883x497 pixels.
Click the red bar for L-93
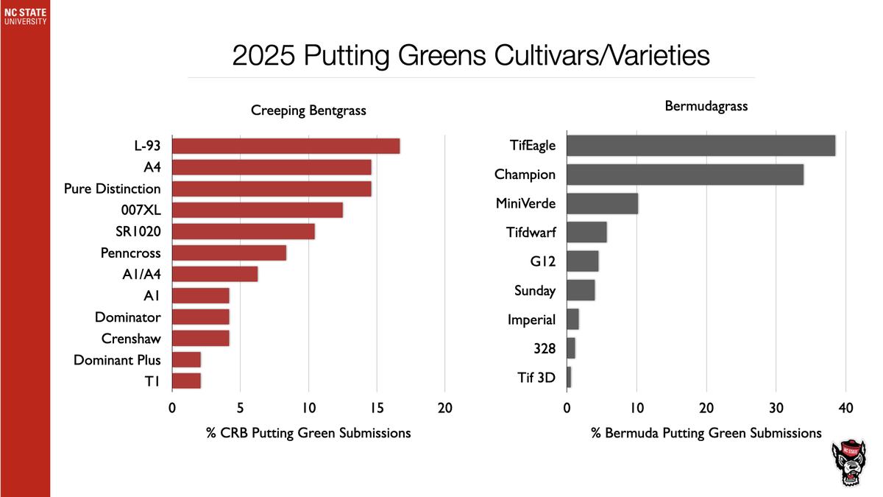point(286,146)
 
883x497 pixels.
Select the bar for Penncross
point(229,253)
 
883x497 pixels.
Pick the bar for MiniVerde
point(602,203)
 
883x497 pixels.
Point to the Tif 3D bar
point(569,378)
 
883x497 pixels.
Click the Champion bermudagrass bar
point(685,175)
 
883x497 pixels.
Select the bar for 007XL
point(257,210)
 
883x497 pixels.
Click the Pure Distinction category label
point(112,188)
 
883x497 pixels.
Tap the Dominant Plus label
point(117,360)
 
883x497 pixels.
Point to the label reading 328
point(545,348)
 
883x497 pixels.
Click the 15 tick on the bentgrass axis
point(377,408)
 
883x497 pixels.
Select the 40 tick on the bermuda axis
point(845,408)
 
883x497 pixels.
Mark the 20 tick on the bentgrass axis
point(444,408)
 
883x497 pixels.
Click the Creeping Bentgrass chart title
point(308,110)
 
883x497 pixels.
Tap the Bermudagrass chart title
point(706,106)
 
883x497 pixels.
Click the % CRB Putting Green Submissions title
point(308,433)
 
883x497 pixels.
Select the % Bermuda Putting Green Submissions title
point(706,433)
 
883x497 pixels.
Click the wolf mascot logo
point(851,463)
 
